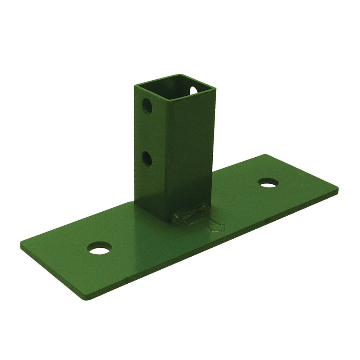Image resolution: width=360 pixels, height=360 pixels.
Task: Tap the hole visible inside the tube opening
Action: coord(194,90)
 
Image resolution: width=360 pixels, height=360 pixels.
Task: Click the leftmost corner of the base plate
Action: coord(21,243)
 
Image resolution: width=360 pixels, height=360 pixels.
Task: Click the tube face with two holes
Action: coord(148,144)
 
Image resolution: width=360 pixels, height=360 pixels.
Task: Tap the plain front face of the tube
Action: coord(187,151)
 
